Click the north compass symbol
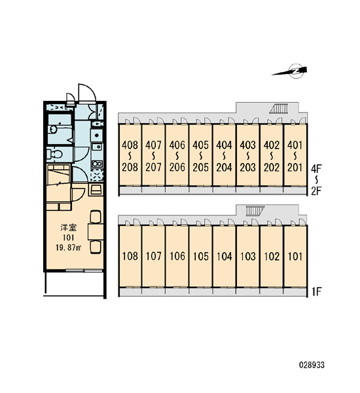pos(293,71)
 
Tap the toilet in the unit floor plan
pos(54,154)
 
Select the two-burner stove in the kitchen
pos(97,164)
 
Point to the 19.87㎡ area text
pos(68,248)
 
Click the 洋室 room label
pos(68,227)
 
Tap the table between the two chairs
pos(96,232)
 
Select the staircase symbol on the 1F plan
pos(255,211)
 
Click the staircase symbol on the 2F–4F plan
pos(279,109)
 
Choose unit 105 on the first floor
pos(201,256)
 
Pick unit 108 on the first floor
pos(130,256)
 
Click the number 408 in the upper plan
pos(130,145)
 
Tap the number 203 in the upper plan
pos(248,167)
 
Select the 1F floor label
pos(316,291)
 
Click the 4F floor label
pos(316,169)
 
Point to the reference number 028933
pos(312,365)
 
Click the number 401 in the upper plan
pos(295,145)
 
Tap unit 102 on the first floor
pos(272,256)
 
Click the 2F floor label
pos(316,191)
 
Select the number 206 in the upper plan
pos(177,167)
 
